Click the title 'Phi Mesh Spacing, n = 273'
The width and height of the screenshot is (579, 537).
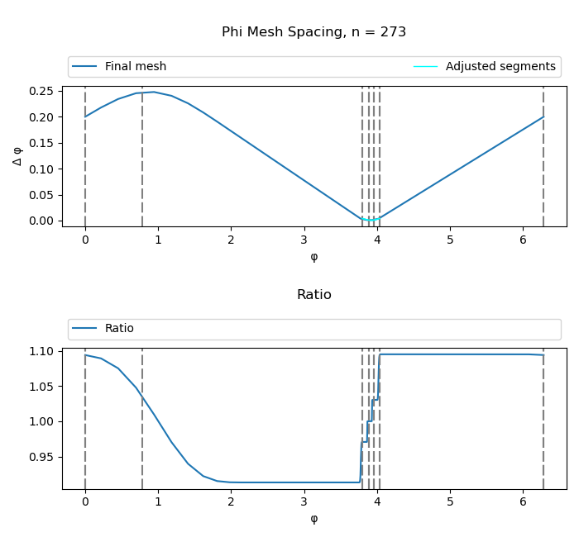tap(313, 32)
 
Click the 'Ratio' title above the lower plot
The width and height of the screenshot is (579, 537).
tap(313, 295)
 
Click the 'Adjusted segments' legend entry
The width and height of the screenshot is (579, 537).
tap(500, 67)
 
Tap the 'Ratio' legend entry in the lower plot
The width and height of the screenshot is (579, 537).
tap(118, 329)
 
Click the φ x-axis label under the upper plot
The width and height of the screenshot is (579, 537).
tap(313, 257)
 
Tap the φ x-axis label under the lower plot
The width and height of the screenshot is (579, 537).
tap(313, 519)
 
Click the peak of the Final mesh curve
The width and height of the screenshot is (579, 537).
tap(154, 92)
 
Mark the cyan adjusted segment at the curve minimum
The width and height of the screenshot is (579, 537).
tap(371, 220)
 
